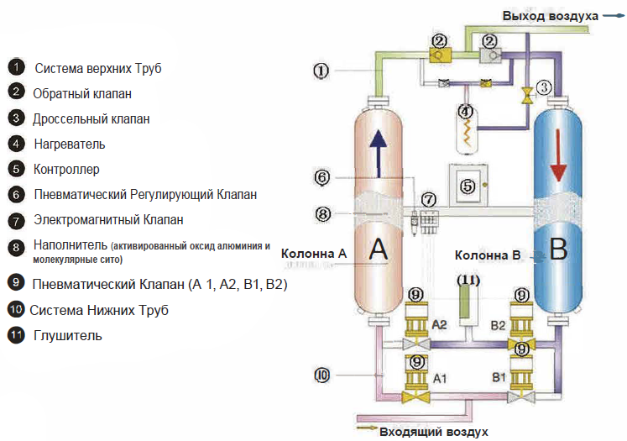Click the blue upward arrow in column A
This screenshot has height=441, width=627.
378,151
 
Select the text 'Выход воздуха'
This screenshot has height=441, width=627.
550,16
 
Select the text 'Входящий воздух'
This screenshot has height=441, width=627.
434,432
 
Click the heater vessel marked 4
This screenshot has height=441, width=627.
467,131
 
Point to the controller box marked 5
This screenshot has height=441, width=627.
468,186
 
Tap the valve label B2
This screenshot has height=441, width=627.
498,323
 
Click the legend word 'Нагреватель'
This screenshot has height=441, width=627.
70,144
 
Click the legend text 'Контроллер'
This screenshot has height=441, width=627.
66,169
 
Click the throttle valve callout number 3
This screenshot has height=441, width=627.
544,87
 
